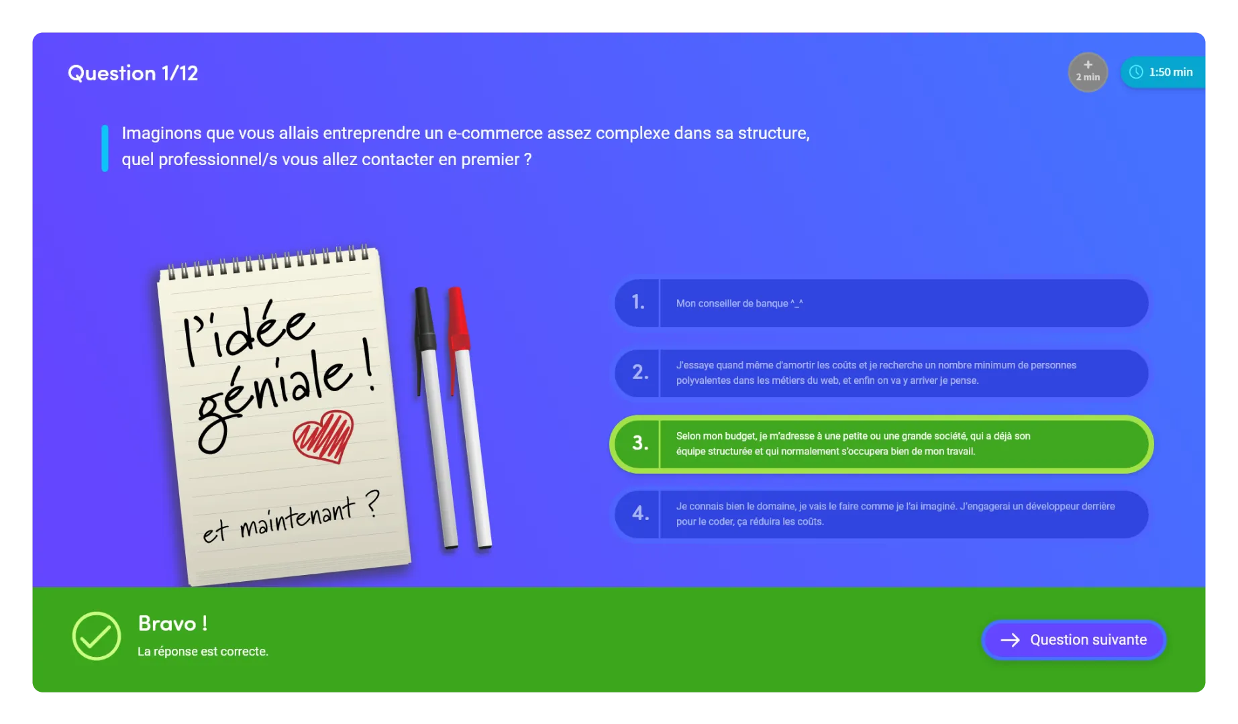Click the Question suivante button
click(x=1073, y=639)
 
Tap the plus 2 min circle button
click(x=1087, y=72)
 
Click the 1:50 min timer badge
click(x=1162, y=72)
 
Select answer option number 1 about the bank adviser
click(x=881, y=303)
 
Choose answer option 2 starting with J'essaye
click(x=881, y=373)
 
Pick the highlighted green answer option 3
click(x=881, y=444)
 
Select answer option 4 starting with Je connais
click(x=881, y=514)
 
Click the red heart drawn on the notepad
click(x=323, y=436)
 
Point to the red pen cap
click(x=458, y=319)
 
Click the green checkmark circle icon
click(x=96, y=635)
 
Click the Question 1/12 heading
click(x=133, y=72)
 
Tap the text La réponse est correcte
click(x=203, y=652)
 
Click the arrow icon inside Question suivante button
click(x=1010, y=640)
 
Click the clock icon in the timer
click(x=1135, y=72)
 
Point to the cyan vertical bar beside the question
click(x=105, y=148)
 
